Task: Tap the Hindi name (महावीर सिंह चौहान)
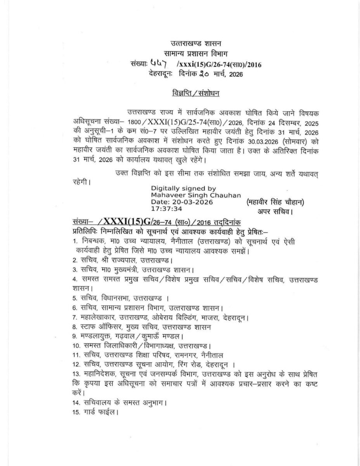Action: click(x=275, y=202)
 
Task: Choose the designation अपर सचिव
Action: click(x=275, y=211)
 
